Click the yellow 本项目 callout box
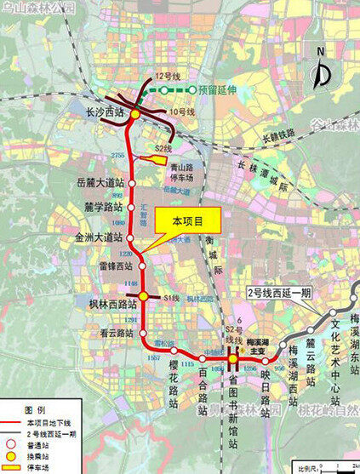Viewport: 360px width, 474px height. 188,220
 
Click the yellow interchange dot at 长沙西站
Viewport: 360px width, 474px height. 132,112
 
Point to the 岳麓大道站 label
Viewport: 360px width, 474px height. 100,182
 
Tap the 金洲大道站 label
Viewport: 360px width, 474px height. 100,237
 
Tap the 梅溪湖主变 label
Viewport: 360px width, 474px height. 247,342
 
